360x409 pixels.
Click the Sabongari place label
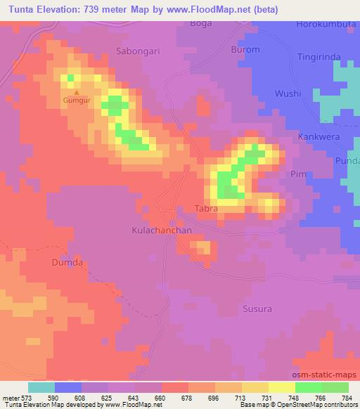pos(136,51)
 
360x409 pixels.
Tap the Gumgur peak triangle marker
pos(77,92)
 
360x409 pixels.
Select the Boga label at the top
pos(201,23)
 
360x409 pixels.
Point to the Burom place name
pos(245,50)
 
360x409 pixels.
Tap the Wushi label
pos(288,93)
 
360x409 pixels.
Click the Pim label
pos(298,173)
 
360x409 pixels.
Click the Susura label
pos(257,309)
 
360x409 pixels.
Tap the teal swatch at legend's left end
pos(41,387)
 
